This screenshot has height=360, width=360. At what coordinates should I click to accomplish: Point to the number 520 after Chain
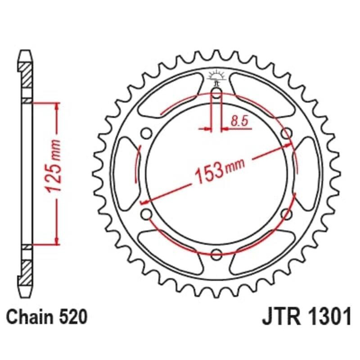[72, 318]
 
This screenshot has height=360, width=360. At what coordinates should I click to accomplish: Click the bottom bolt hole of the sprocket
[216, 253]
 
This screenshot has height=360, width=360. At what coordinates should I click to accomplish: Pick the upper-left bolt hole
[145, 134]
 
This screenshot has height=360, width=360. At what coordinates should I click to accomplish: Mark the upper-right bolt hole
[287, 134]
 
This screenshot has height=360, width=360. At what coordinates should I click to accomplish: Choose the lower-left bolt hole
[145, 214]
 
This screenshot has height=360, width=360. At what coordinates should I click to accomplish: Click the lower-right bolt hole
[287, 214]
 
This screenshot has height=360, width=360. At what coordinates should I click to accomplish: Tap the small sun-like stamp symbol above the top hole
[216, 76]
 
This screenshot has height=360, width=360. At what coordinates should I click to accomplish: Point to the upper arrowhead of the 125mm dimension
[57, 107]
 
